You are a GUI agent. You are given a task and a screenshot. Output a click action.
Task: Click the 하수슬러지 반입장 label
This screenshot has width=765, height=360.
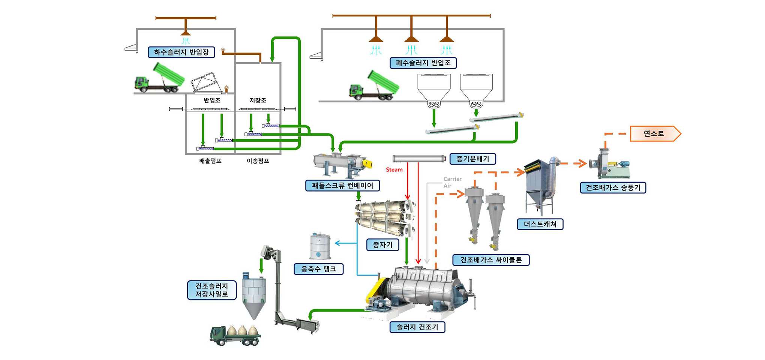pyautogui.click(x=181, y=52)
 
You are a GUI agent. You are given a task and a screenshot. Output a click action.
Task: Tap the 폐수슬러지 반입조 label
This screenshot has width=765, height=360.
pyautogui.click(x=423, y=63)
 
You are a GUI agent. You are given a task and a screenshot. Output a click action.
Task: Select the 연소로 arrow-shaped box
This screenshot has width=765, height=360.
pyautogui.click(x=655, y=133)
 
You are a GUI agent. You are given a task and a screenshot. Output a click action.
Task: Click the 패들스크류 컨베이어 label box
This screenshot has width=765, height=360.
pyautogui.click(x=342, y=186)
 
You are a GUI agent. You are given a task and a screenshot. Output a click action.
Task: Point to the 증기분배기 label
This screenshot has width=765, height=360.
pyautogui.click(x=472, y=159)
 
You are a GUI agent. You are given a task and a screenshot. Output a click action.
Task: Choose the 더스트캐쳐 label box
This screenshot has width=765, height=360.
pyautogui.click(x=540, y=224)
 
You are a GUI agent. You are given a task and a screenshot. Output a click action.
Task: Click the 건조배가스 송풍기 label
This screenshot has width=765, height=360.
pyautogui.click(x=613, y=187)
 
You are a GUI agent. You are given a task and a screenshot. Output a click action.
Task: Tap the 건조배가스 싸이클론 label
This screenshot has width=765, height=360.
pyautogui.click(x=491, y=260)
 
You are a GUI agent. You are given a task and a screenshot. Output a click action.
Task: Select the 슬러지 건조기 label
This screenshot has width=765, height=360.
pyautogui.click(x=417, y=327)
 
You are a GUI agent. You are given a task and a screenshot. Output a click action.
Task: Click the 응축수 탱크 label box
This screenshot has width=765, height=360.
pyautogui.click(x=318, y=269)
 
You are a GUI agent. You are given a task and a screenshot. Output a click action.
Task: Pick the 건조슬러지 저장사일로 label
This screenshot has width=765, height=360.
pyautogui.click(x=211, y=290)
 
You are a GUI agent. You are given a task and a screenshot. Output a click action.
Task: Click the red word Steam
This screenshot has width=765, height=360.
pyautogui.click(x=394, y=170)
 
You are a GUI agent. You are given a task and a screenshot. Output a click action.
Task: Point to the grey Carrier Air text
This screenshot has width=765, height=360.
pyautogui.click(x=452, y=182)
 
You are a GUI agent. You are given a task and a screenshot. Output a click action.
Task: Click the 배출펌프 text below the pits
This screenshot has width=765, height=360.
pyautogui.click(x=210, y=161)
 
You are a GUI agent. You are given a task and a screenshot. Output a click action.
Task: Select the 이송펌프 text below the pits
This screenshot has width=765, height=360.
pyautogui.click(x=258, y=161)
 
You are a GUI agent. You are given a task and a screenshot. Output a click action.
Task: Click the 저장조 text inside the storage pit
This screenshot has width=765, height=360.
pyautogui.click(x=258, y=100)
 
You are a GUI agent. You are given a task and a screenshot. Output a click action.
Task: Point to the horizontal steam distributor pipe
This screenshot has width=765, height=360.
pyautogui.click(x=419, y=159)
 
